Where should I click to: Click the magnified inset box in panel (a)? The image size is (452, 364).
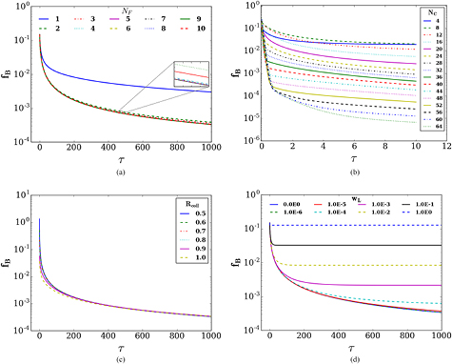pos(189,75)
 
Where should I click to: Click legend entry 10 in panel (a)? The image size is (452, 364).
pos(198,30)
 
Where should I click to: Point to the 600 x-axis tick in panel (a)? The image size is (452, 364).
pos(147,150)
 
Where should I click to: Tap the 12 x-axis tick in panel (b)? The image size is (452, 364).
pos(439,150)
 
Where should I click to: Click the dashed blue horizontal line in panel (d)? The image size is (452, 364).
pos(362,225)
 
